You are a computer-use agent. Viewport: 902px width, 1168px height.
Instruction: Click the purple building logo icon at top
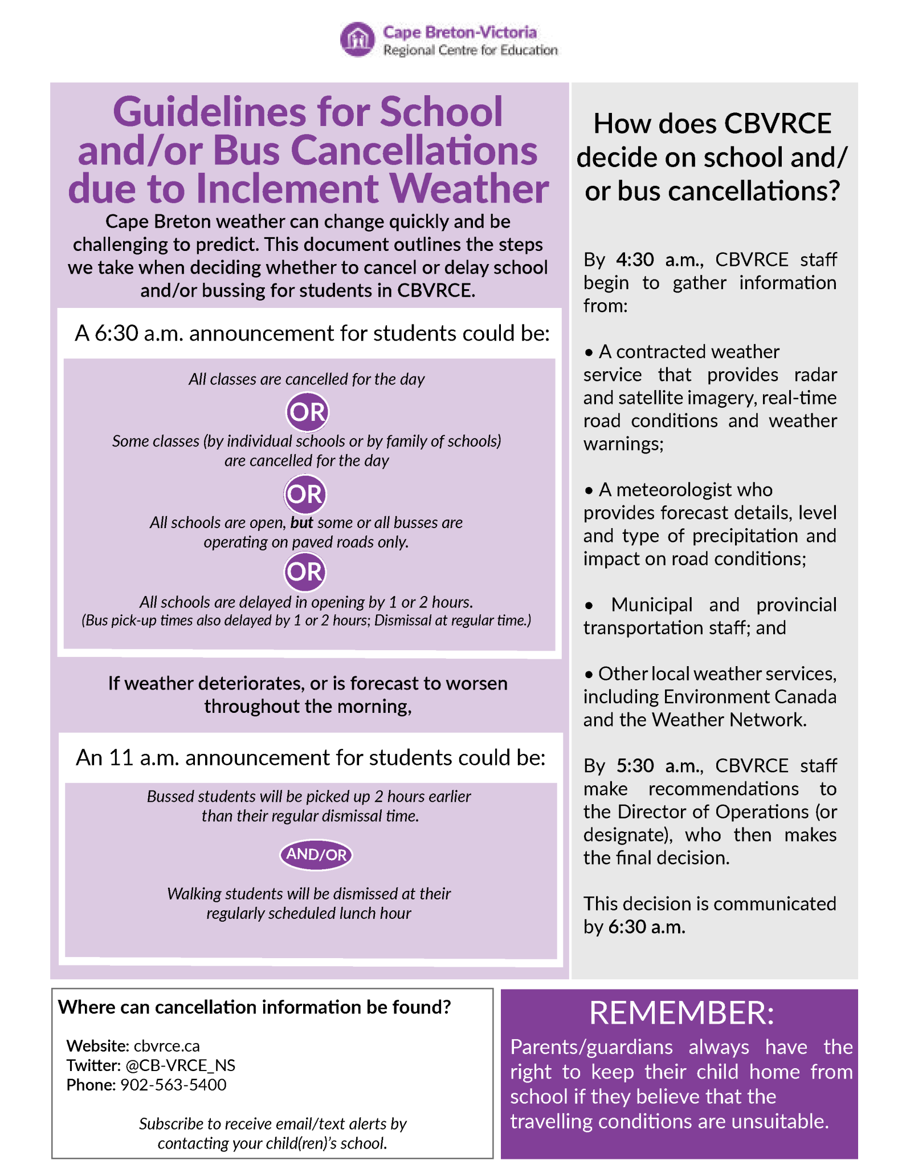(x=357, y=39)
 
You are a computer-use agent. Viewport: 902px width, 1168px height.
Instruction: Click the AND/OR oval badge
(x=316, y=854)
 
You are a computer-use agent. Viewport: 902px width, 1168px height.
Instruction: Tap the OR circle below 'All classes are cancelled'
(x=307, y=412)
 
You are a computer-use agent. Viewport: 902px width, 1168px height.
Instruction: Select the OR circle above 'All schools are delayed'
(x=305, y=571)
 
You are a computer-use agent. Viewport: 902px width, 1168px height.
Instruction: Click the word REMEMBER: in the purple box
(x=681, y=1013)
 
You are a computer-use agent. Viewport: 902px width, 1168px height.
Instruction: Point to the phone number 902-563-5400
(x=173, y=1085)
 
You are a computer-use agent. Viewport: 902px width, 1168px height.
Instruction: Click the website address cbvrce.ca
(x=167, y=1046)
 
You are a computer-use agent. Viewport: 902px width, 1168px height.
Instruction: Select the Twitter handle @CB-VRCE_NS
(x=180, y=1065)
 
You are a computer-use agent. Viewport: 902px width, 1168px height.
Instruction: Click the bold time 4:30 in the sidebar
(x=635, y=259)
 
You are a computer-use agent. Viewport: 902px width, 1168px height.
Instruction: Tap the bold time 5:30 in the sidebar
(x=635, y=765)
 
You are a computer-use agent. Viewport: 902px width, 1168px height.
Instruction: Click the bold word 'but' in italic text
(x=302, y=522)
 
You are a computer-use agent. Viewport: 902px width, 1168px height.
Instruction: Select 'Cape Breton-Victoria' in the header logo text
(x=459, y=32)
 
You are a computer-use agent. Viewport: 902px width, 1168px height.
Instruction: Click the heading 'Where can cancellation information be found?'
(x=254, y=1007)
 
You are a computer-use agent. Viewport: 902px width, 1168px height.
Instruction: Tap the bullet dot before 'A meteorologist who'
(x=589, y=490)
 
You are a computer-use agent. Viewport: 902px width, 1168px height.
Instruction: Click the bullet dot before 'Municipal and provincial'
(x=589, y=606)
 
